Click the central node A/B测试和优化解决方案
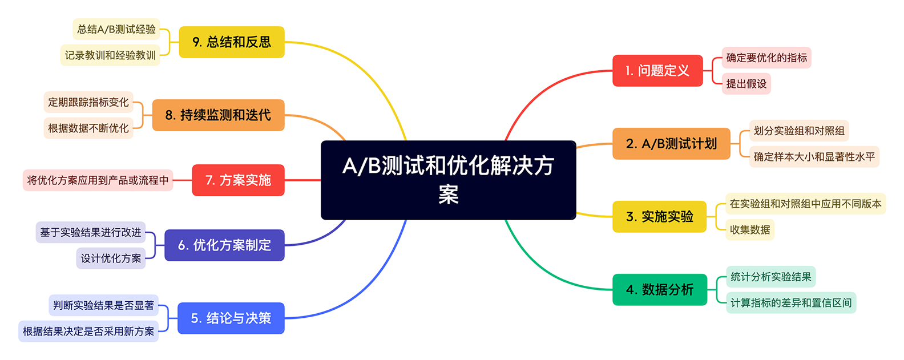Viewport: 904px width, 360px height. [448, 180]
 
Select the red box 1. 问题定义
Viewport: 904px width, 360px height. [657, 71]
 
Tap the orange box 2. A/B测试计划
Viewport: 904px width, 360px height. [671, 144]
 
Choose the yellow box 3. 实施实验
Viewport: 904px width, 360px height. [659, 217]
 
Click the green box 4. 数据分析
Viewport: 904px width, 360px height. [659, 290]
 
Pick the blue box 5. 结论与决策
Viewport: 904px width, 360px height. [231, 318]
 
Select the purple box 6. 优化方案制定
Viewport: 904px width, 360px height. [224, 245]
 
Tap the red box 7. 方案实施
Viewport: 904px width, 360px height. [238, 180]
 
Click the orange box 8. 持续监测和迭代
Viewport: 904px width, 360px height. [218, 115]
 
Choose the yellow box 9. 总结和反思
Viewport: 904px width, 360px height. [231, 42]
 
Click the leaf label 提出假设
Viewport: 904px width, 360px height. [746, 84]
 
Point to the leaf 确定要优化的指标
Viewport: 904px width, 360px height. [766, 58]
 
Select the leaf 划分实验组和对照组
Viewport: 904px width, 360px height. [798, 131]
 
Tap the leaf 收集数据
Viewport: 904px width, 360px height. [749, 230]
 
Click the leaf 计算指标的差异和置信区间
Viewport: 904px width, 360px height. [790, 303]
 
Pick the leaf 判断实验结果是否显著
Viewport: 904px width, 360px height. [103, 305]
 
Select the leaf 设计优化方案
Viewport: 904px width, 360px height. [111, 258]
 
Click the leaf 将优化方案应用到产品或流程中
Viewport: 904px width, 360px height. [98, 180]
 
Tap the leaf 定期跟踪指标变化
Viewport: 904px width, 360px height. [88, 102]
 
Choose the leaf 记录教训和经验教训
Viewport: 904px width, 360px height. [110, 55]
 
